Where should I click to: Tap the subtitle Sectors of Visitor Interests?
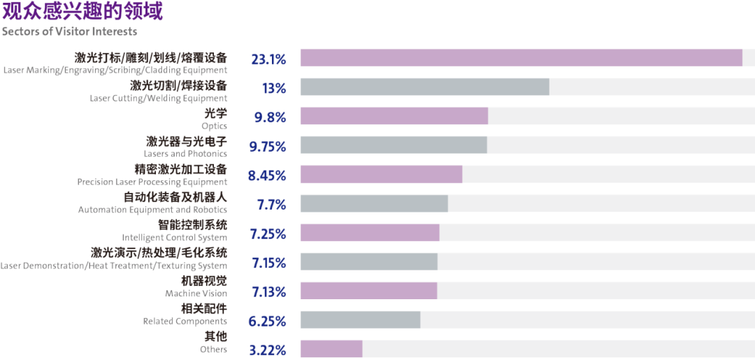coord(69,31)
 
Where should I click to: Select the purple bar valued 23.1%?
coord(521,57)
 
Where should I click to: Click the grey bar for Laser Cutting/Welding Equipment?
coord(424,87)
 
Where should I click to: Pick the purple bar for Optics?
coord(394,116)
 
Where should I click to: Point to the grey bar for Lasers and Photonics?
coord(393,145)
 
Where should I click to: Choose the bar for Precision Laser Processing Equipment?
coord(381,174)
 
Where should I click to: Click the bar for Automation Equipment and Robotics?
coord(373,203)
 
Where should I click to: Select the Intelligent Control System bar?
coord(369,233)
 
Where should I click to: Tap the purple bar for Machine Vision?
coord(368,291)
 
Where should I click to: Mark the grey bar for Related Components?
coord(360,320)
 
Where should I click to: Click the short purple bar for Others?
coord(331,349)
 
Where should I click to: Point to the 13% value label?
coord(273,89)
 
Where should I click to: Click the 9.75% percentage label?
coord(268,147)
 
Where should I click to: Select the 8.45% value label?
coord(267,176)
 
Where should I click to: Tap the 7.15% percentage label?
coord(268,264)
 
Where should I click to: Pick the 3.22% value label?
coord(268,351)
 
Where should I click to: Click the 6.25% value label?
coord(268,322)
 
